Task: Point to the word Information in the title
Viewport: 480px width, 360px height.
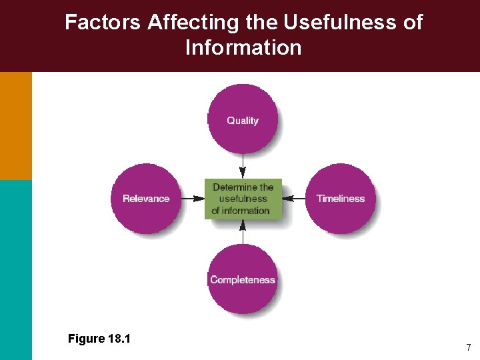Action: pyautogui.click(x=243, y=48)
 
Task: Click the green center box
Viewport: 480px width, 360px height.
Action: pyautogui.click(x=243, y=199)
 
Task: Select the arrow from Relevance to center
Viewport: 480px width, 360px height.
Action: pyautogui.click(x=193, y=199)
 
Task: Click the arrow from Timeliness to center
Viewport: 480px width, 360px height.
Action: pyautogui.click(x=293, y=199)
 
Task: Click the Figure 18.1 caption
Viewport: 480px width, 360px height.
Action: pyautogui.click(x=99, y=339)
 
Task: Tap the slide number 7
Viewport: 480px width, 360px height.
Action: pyautogui.click(x=469, y=347)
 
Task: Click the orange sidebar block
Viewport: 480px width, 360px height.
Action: pyautogui.click(x=15, y=125)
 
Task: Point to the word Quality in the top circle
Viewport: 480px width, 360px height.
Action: pyautogui.click(x=243, y=121)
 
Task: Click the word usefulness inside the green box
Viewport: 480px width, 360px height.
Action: pyautogui.click(x=243, y=199)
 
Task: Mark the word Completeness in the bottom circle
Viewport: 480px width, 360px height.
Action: pyautogui.click(x=243, y=280)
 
